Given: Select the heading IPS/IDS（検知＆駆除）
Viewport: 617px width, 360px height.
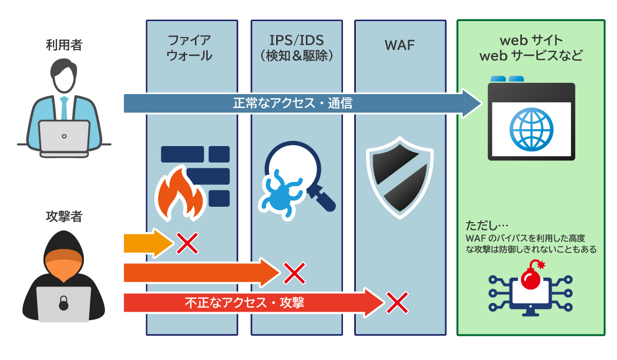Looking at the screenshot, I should [297, 48].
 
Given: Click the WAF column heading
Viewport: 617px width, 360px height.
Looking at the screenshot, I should [400, 45].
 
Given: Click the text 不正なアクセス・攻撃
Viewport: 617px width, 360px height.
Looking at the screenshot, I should [244, 303].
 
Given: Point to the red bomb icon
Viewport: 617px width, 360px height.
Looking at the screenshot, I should [531, 278].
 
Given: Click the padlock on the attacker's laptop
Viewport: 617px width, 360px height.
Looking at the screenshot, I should [63, 303].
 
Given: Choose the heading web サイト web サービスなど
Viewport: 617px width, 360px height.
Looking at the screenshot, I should [531, 48].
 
